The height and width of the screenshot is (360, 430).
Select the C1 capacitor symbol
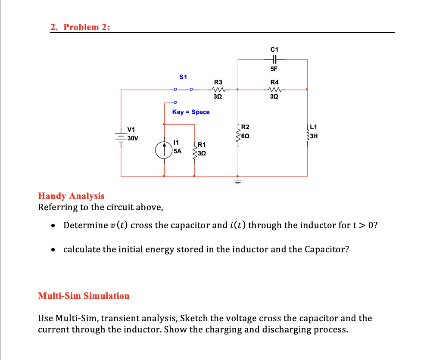click(x=274, y=59)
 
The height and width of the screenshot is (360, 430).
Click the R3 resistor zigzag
click(x=218, y=90)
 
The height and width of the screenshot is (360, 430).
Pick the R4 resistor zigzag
click(x=274, y=90)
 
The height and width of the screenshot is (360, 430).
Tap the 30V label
click(x=134, y=138)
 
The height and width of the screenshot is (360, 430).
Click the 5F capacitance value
click(x=274, y=69)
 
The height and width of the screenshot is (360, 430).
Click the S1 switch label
click(x=183, y=77)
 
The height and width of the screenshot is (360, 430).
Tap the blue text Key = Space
click(x=191, y=112)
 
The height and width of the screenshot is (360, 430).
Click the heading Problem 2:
click(x=86, y=27)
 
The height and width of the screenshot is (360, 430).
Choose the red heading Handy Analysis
click(x=71, y=196)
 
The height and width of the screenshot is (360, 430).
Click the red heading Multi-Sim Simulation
click(x=84, y=296)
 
